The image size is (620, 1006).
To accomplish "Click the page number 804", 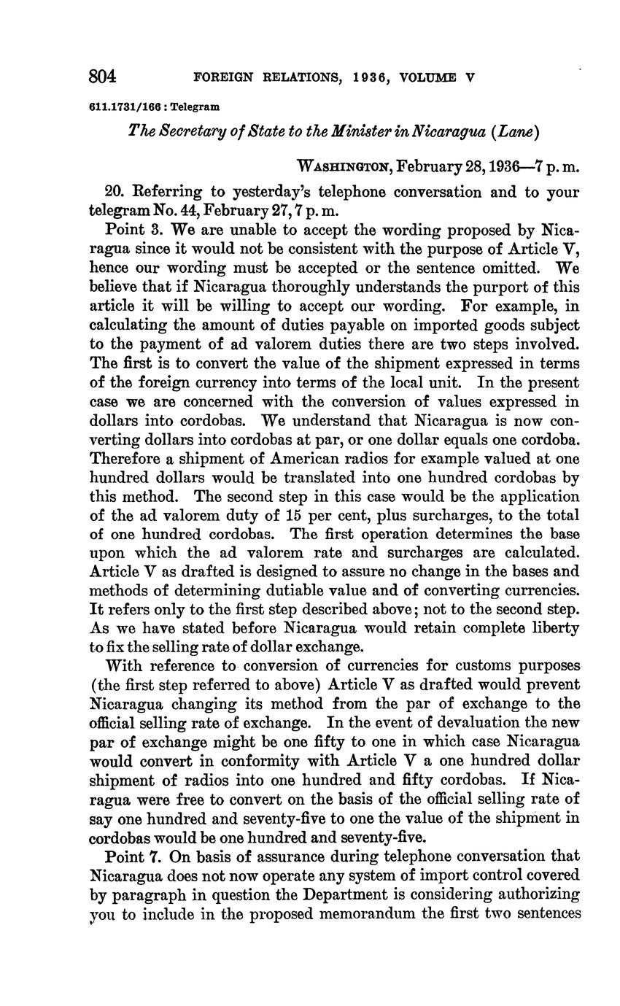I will (x=103, y=76).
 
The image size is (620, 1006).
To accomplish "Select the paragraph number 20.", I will (x=115, y=193).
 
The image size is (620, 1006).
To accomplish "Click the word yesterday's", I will (x=272, y=193).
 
